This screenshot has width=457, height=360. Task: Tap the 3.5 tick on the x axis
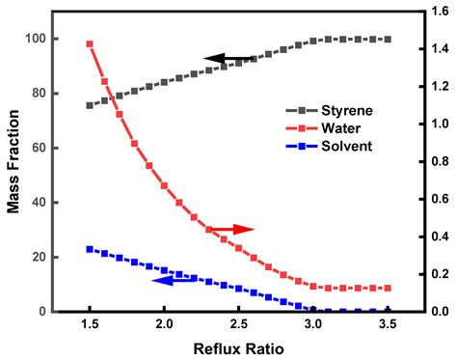click(x=388, y=323)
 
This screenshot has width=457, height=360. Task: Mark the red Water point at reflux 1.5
click(x=90, y=43)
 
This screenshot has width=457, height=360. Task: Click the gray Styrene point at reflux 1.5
click(x=90, y=105)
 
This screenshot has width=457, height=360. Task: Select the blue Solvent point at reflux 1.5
click(x=90, y=249)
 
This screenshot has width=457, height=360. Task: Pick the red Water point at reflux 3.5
click(x=388, y=288)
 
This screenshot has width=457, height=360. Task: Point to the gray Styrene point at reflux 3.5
click(x=388, y=40)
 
